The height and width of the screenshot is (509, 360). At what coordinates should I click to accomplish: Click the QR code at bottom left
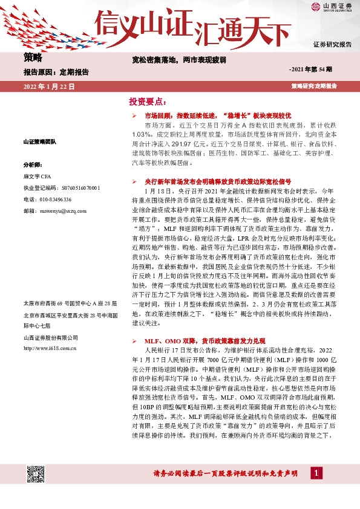point(36,476)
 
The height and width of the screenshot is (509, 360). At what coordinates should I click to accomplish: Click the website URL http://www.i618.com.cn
point(49,349)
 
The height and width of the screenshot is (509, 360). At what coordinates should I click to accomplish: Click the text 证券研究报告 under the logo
point(332,45)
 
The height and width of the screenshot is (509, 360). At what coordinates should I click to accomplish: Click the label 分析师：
point(32,164)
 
